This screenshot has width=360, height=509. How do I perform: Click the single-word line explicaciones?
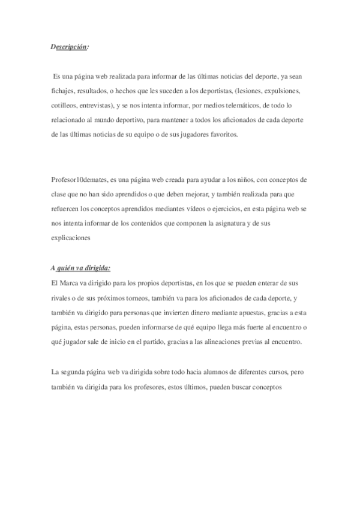pos(70,238)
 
